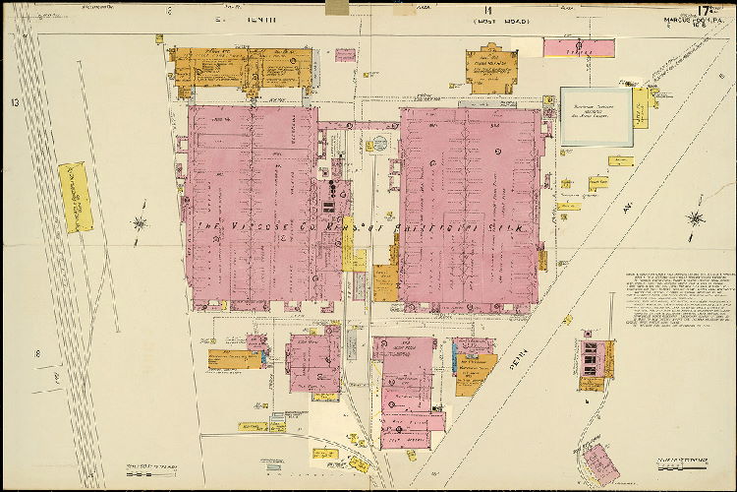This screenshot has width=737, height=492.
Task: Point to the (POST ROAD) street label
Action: point(501,20)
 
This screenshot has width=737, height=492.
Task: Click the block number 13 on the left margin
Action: point(15,102)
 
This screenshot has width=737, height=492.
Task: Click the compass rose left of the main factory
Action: point(141,222)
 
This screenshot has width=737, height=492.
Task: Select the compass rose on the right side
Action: point(696,218)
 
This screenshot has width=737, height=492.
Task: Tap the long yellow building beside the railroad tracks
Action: point(76,197)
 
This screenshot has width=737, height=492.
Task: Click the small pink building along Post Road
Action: point(579,46)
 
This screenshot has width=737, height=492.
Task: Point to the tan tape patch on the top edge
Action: point(338,7)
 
